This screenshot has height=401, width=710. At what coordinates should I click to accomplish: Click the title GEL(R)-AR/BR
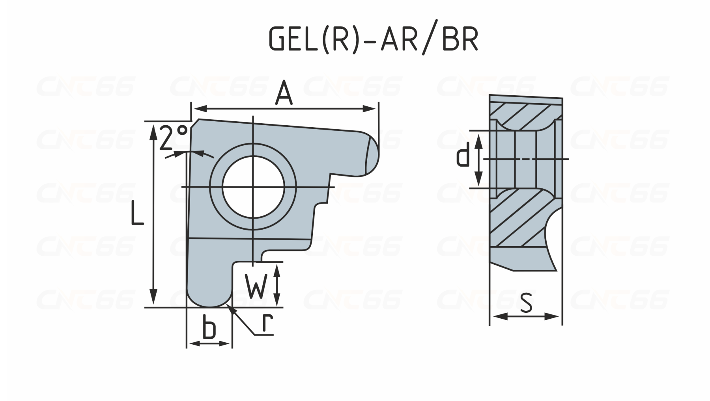coord(373,39)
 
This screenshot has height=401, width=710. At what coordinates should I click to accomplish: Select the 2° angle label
coord(174,137)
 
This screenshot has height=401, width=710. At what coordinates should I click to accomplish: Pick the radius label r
coord(268,323)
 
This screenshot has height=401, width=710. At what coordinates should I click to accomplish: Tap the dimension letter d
coord(463,155)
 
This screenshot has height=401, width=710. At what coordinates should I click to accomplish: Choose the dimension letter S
coord(526,303)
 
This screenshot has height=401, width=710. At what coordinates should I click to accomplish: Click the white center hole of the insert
coord(253,187)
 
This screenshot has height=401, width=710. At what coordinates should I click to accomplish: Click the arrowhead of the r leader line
coord(232,309)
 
